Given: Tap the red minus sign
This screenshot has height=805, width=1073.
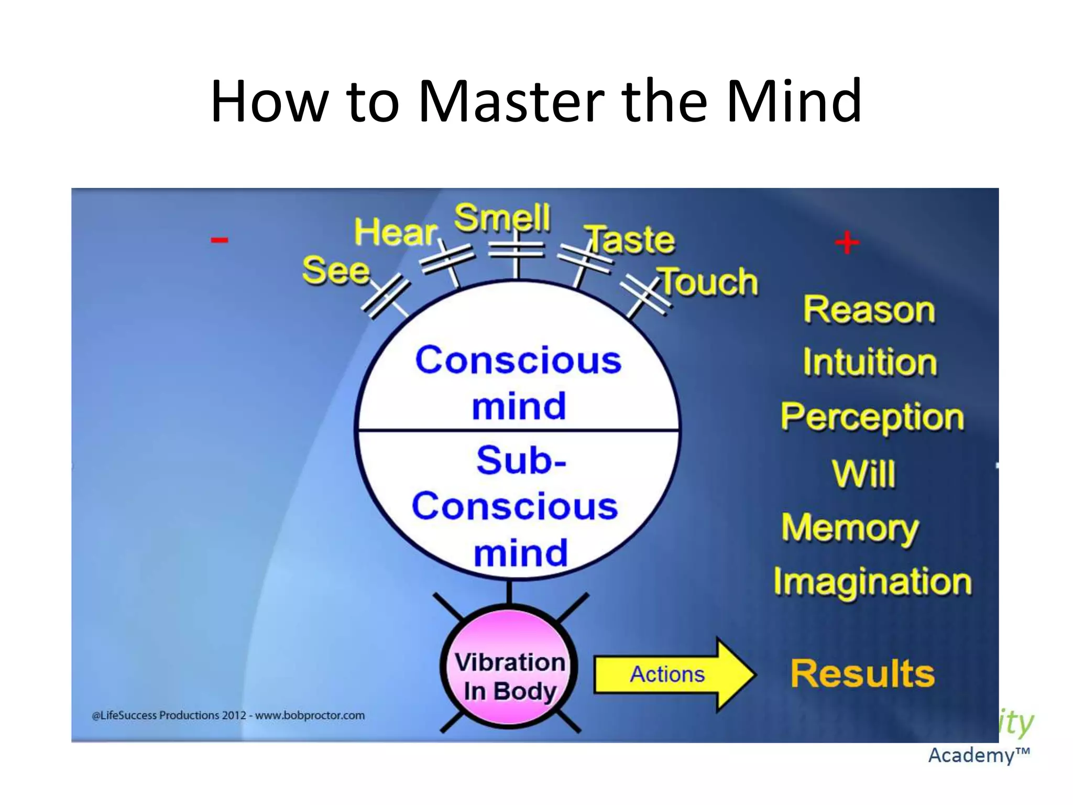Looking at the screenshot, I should [220, 241].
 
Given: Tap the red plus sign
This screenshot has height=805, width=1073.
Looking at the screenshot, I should [847, 243].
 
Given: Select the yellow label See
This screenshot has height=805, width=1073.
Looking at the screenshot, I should [336, 271].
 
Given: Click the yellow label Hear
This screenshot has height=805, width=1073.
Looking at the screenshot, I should [396, 232].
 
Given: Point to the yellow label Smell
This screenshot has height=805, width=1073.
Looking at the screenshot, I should [502, 217].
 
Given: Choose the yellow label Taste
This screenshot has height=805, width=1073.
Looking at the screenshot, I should [631, 240].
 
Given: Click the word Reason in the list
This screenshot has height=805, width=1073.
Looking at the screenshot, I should [869, 309].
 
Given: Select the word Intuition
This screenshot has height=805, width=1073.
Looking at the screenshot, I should [870, 362].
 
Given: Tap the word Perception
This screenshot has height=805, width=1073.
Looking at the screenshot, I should [872, 418].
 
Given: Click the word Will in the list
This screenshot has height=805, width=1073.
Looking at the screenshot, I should [863, 474].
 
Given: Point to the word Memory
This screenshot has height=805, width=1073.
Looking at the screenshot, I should [850, 528].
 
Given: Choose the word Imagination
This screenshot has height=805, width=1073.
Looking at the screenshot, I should [872, 582].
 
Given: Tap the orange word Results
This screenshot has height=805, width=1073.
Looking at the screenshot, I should [862, 674].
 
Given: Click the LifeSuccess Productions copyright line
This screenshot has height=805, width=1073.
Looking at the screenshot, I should [228, 715].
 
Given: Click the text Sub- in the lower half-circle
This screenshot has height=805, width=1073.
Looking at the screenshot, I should [521, 460].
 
